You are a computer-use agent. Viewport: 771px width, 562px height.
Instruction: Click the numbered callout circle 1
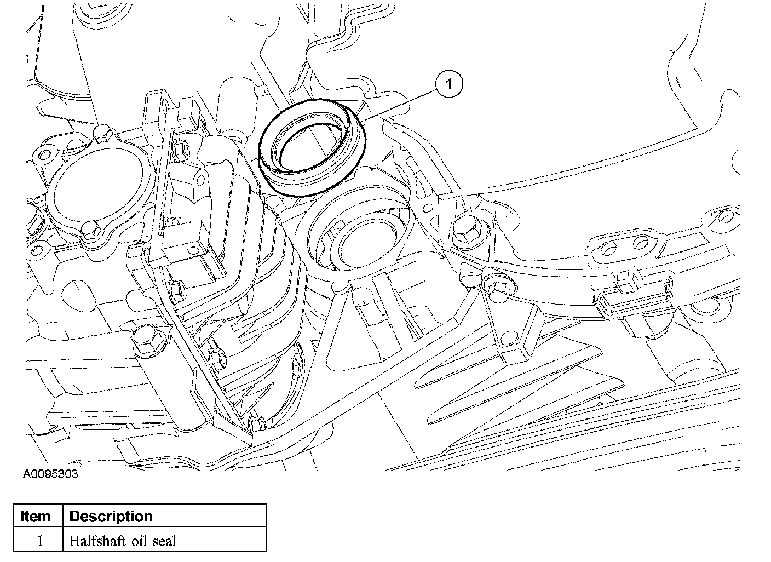pyautogui.click(x=449, y=84)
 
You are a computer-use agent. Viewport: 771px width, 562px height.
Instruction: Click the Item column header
pyautogui.click(x=36, y=517)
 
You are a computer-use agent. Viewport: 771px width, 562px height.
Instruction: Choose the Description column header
pyautogui.click(x=111, y=517)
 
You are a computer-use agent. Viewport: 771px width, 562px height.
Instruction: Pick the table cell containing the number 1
pyautogui.click(x=39, y=542)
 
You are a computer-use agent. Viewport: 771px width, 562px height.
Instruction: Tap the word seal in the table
pyautogui.click(x=164, y=542)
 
